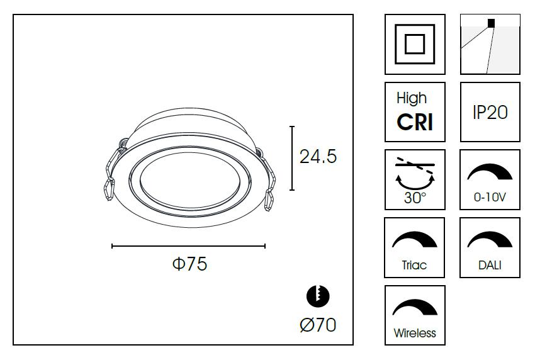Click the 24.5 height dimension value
[318, 157]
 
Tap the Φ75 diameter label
[189, 264]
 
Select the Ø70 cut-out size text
[318, 325]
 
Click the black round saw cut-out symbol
[318, 296]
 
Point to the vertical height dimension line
[292, 158]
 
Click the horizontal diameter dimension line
[189, 246]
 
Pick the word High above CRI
[412, 99]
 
